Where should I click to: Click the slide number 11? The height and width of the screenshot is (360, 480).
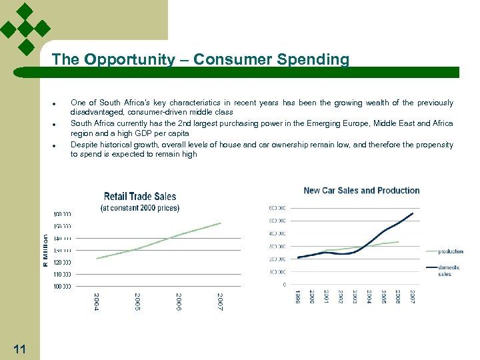pyautogui.click(x=19, y=348)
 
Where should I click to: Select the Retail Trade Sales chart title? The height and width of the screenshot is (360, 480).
pyautogui.click(x=140, y=196)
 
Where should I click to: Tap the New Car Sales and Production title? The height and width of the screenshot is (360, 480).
pyautogui.click(x=361, y=190)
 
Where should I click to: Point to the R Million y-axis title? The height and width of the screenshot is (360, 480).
pyautogui.click(x=45, y=251)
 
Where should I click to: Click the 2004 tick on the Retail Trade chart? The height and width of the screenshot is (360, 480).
pyautogui.click(x=96, y=302)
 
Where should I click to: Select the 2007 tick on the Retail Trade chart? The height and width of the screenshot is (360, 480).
pyautogui.click(x=220, y=302)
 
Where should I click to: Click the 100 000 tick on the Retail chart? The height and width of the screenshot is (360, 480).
pyautogui.click(x=62, y=286)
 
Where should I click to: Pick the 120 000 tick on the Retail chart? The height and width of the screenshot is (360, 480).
pyautogui.click(x=62, y=262)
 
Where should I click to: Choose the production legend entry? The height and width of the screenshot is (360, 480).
pyautogui.click(x=451, y=251)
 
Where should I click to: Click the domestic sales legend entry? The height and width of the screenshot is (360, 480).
pyautogui.click(x=444, y=270)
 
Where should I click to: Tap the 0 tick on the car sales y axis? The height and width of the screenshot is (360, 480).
pyautogui.click(x=285, y=285)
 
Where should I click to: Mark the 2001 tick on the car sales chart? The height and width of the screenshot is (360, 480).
pyautogui.click(x=326, y=297)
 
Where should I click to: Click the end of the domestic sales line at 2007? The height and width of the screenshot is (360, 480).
pyautogui.click(x=413, y=213)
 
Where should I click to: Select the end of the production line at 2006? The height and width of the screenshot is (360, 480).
pyautogui.click(x=399, y=242)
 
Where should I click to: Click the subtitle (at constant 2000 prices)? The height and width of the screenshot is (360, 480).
pyautogui.click(x=140, y=208)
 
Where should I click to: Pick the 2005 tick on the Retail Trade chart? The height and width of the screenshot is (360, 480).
pyautogui.click(x=137, y=302)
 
